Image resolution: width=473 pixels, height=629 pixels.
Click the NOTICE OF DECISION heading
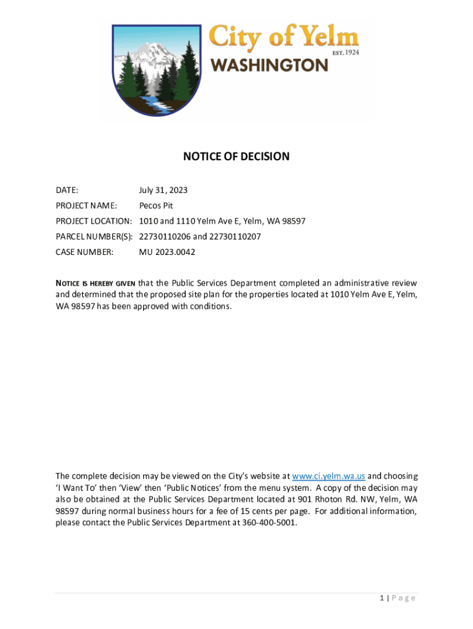click(x=236, y=157)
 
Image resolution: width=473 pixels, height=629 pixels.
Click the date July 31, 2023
click(x=163, y=190)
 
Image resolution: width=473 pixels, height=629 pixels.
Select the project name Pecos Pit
click(x=156, y=206)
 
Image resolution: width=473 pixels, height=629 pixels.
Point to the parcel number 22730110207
click(x=235, y=236)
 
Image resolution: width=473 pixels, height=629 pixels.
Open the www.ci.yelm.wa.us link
click(x=329, y=476)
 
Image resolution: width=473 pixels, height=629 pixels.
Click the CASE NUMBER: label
click(x=84, y=252)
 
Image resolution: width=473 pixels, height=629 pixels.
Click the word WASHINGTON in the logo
click(x=270, y=65)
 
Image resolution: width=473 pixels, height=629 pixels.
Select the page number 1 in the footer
click(x=381, y=598)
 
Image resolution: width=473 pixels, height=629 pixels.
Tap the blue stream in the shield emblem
click(x=157, y=104)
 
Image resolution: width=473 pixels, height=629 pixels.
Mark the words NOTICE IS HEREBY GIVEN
click(x=95, y=283)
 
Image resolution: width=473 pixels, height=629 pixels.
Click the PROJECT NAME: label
click(x=86, y=206)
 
